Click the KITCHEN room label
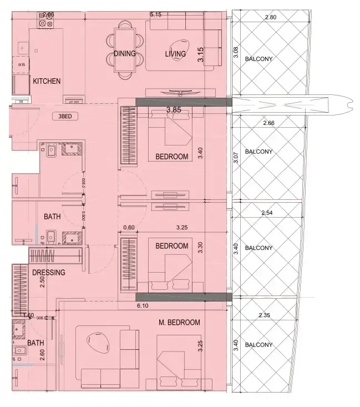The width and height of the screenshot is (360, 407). pos(47,81)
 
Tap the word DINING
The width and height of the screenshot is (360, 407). pos(125,54)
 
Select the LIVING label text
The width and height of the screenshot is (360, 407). pos(175,54)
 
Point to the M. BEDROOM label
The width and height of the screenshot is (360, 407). pos(179,322)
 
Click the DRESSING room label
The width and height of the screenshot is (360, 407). pos(48,273)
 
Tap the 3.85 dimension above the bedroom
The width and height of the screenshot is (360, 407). pos(175,110)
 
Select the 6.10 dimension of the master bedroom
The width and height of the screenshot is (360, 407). pos(143,305)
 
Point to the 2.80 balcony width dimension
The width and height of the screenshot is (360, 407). pos(270,18)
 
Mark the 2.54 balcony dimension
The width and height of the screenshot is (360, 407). pos(268,213)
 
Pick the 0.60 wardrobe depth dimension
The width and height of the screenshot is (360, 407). pos(129,227)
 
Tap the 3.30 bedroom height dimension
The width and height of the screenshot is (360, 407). pos(201,248)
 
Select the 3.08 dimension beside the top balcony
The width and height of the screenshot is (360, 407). pos(236,54)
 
